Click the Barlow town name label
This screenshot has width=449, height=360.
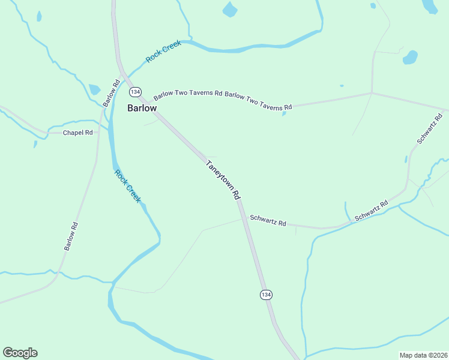[142, 108]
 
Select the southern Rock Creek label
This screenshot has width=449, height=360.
[127, 186]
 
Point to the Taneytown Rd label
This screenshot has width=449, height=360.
[223, 179]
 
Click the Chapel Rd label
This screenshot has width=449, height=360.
[78, 132]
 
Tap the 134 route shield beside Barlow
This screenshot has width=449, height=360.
[134, 92]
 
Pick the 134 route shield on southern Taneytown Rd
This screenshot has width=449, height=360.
[267, 295]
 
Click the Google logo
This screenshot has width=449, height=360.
[20, 353]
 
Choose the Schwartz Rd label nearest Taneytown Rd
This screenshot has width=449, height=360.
[268, 220]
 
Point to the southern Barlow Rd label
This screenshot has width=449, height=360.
[71, 236]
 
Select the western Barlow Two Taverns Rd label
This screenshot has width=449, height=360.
[188, 94]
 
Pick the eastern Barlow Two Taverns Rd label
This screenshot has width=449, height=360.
[258, 101]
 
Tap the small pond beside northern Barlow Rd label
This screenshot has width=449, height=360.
[94, 89]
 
